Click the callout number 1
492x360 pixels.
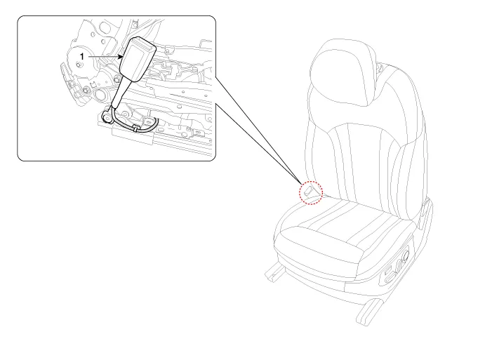point(82,57)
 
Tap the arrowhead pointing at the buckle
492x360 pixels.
point(120,57)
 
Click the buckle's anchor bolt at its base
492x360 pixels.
point(107,118)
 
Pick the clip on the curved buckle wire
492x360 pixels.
point(135,128)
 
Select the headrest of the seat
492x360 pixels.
point(343,72)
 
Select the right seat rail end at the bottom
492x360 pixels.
point(368,313)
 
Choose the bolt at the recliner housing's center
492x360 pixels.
point(78,65)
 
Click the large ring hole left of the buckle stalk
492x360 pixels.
point(101,94)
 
